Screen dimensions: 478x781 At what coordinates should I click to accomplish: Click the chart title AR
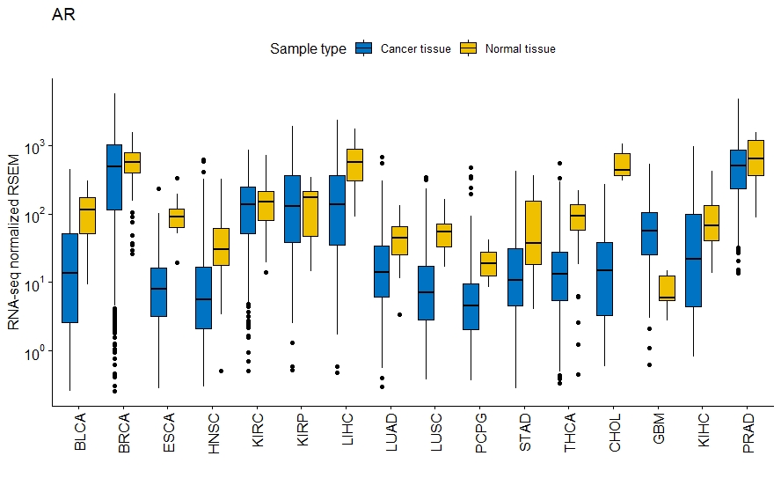[x=63, y=16]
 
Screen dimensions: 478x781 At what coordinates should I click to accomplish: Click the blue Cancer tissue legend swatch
[x=364, y=49]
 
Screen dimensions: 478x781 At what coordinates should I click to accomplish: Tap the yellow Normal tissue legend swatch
[x=469, y=49]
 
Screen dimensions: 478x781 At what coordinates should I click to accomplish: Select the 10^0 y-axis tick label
[x=34, y=351]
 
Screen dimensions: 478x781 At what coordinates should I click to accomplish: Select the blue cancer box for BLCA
[x=69, y=277]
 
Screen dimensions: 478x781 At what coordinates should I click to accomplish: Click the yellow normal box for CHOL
[x=624, y=165]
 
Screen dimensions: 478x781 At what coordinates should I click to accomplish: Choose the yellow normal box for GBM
[x=667, y=288]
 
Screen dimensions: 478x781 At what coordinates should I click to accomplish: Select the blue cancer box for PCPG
[x=471, y=306]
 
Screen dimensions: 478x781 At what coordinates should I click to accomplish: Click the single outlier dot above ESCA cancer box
[x=158, y=188]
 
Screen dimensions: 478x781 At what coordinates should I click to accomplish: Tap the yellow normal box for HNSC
[x=221, y=246]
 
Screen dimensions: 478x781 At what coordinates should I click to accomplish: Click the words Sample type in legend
[x=308, y=49]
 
